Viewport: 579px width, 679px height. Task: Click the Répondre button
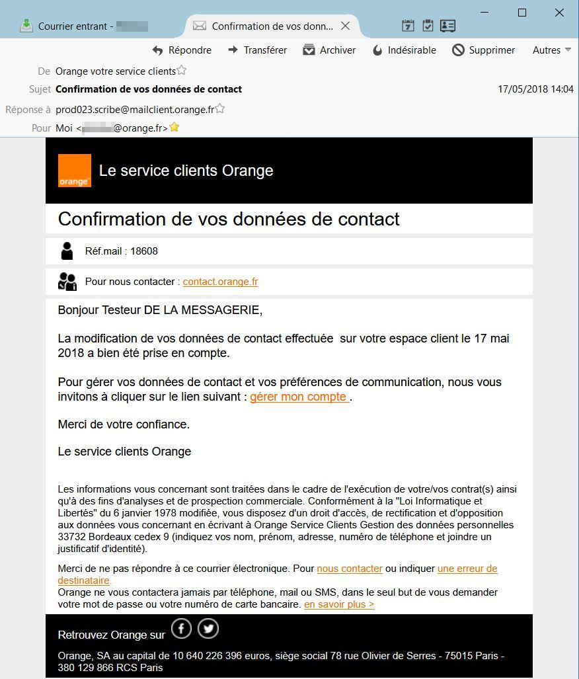pos(182,50)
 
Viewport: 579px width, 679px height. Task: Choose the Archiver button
pos(329,50)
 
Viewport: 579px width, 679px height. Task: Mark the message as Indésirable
pos(404,50)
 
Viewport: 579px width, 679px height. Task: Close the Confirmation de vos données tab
pos(345,26)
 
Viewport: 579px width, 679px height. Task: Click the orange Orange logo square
pos(75,171)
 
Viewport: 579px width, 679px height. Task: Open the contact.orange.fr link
pos(220,282)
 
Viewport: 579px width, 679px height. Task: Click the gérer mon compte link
pos(299,397)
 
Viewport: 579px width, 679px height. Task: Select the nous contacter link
pos(350,569)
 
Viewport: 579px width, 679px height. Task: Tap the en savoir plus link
pos(339,604)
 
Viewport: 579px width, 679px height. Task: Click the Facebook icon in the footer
pos(181,629)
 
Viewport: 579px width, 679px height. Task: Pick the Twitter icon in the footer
pos(208,629)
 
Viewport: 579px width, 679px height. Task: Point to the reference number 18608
pos(144,251)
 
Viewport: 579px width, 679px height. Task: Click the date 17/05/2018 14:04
pos(535,89)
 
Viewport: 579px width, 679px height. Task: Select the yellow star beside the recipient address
pos(174,128)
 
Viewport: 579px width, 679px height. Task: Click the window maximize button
pos(522,13)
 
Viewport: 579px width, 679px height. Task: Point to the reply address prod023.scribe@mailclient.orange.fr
pos(135,109)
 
